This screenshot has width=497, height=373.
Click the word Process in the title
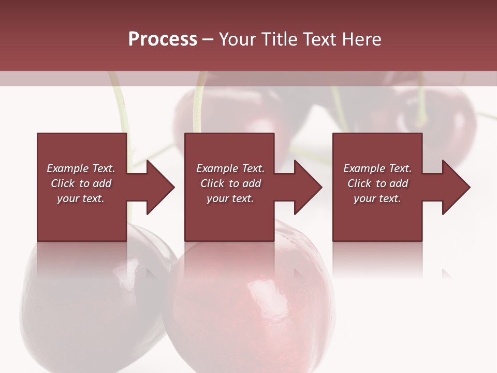(163, 39)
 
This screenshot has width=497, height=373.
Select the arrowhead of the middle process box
(307, 187)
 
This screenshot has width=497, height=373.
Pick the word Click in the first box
(63, 183)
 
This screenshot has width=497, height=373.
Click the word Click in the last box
(360, 183)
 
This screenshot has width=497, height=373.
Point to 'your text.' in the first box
(80, 198)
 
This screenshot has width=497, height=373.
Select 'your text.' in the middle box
(230, 198)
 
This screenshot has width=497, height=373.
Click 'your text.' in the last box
(377, 198)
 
